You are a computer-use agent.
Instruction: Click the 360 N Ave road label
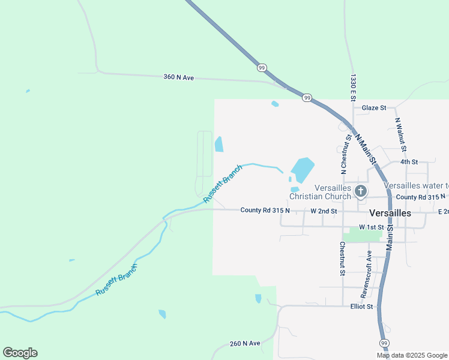[179, 77]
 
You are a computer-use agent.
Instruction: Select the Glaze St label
[373, 108]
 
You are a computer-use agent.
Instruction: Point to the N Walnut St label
[400, 133]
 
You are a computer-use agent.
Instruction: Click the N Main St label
[366, 149]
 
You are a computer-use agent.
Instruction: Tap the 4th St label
[409, 162]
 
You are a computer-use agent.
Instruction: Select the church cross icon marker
[361, 192]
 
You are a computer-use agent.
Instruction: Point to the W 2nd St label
[324, 211]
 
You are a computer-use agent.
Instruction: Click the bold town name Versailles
[390, 213]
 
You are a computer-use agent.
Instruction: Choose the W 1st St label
[370, 227]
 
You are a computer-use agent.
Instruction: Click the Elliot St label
[362, 307]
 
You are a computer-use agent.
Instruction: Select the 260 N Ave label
[245, 344]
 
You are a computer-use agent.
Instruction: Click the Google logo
[20, 353]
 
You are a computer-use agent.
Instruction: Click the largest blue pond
[303, 169]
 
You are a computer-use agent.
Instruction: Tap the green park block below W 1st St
[362, 235]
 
